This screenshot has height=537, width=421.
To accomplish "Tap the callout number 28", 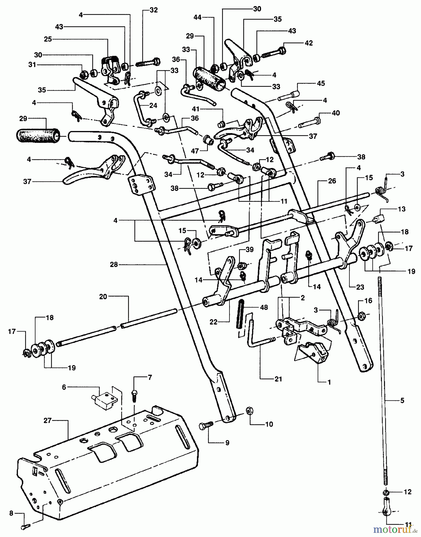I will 114,264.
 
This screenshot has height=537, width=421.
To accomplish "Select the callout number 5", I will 402,401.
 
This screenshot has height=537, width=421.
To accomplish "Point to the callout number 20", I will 103,297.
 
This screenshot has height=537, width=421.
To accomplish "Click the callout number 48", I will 264,307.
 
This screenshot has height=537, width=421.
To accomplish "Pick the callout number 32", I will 154,10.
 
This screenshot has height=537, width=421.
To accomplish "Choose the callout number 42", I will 309,43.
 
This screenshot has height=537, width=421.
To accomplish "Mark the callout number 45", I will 321,84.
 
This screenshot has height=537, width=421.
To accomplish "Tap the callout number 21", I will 278,379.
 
